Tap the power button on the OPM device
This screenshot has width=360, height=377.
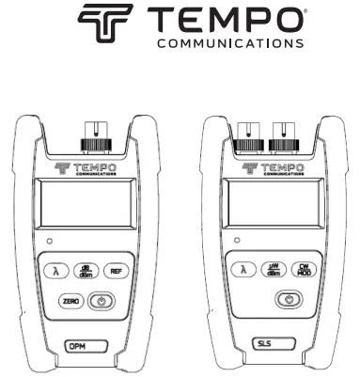(x=101, y=301)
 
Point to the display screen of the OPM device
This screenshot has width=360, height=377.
(x=83, y=206)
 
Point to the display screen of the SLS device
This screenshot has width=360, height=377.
(x=271, y=206)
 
